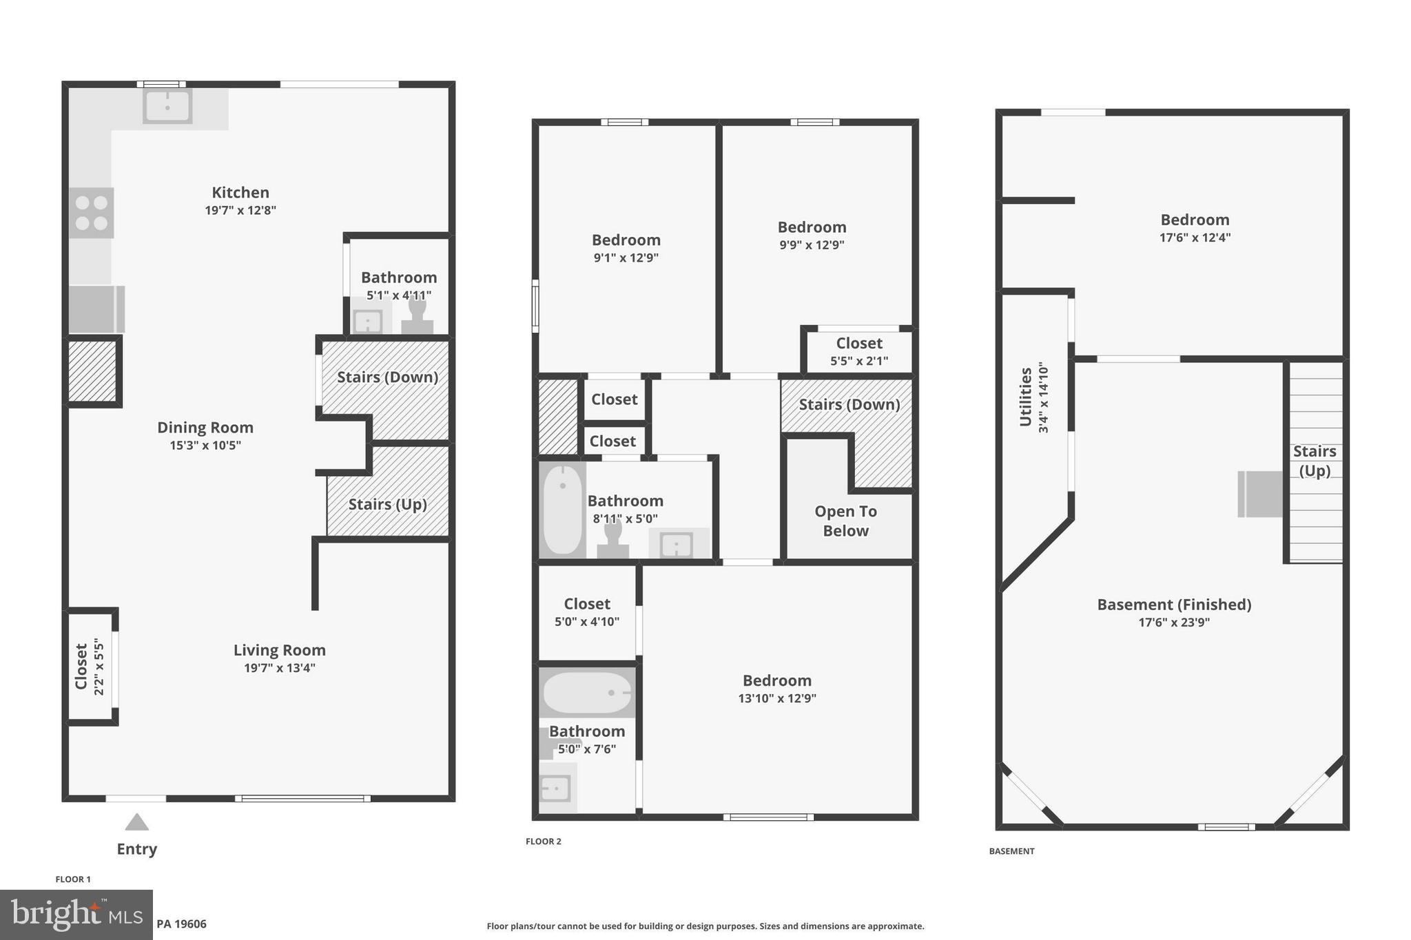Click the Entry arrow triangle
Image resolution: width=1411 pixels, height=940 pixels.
tap(136, 822)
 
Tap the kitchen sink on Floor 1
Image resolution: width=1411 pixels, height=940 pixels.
tap(167, 107)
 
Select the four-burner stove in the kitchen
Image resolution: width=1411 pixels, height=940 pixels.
tap(92, 213)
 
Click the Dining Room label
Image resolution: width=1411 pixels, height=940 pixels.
tap(205, 428)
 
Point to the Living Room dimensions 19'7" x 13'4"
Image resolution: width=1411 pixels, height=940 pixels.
tap(280, 668)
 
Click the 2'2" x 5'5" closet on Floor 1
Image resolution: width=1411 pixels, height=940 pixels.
tap(90, 667)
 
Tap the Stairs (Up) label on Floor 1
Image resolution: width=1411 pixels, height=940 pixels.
tap(387, 504)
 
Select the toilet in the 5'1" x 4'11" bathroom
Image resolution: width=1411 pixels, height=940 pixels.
tap(417, 314)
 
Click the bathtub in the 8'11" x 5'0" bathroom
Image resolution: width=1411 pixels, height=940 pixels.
tap(563, 509)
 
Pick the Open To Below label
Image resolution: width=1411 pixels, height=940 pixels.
tap(845, 521)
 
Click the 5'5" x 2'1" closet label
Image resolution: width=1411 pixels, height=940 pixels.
tap(859, 344)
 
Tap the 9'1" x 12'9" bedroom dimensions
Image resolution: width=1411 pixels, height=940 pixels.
tap(626, 258)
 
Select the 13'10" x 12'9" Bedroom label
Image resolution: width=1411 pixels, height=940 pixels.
tap(776, 680)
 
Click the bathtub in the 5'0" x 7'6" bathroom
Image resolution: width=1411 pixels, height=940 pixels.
tap(586, 692)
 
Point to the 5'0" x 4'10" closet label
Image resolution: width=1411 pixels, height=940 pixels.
tap(587, 604)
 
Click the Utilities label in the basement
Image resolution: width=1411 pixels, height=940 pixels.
tap(1026, 397)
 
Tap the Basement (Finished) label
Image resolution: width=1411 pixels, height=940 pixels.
tap(1174, 605)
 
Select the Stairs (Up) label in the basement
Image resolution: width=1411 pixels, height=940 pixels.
tap(1314, 461)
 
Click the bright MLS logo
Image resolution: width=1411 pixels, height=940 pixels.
tap(76, 915)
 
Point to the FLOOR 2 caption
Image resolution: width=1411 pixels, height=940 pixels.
tap(543, 842)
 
